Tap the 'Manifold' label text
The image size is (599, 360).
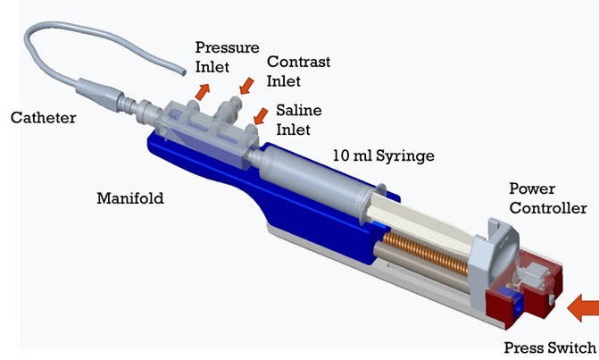131,197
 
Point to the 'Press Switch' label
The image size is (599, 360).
550,347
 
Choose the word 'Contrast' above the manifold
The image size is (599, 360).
298,63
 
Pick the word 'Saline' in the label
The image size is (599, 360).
298,111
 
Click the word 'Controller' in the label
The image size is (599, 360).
547,208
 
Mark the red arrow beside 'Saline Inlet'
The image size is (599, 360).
262,116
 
